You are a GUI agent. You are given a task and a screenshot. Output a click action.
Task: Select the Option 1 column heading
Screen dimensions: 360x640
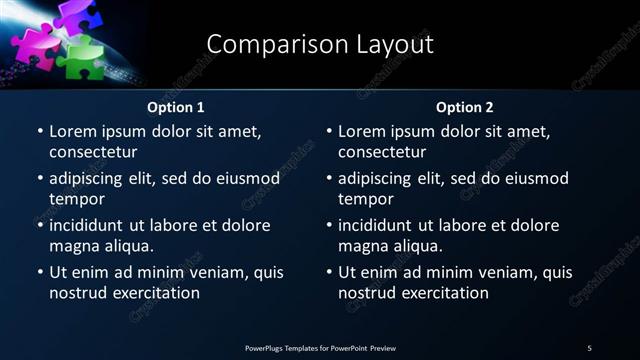pyautogui.click(x=176, y=107)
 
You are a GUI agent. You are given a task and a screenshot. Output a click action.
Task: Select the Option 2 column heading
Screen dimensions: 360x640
pyautogui.click(x=465, y=107)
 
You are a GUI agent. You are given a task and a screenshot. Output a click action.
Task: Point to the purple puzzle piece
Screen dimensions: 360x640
pyautogui.click(x=75, y=15)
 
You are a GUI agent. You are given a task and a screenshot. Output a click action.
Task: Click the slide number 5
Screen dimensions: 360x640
pyautogui.click(x=589, y=348)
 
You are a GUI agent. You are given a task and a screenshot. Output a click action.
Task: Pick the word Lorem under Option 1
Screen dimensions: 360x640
pyautogui.click(x=73, y=131)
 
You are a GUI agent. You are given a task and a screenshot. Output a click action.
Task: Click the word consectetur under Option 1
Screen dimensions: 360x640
pyautogui.click(x=93, y=152)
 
